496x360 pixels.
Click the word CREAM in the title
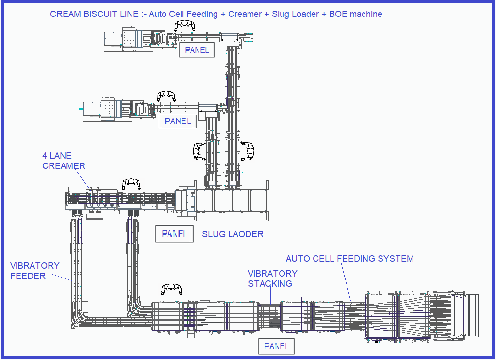(x=65, y=14)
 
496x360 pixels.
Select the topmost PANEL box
(x=197, y=49)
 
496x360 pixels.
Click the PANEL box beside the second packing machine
(x=178, y=121)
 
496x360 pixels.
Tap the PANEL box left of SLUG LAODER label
(x=174, y=234)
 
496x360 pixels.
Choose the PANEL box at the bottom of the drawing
(x=277, y=346)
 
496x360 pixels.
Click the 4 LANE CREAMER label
(x=64, y=161)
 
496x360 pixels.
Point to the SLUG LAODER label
(x=232, y=234)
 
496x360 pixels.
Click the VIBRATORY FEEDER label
(x=35, y=271)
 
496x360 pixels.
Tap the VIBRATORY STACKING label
(x=272, y=278)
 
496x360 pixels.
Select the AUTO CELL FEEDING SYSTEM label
(x=349, y=259)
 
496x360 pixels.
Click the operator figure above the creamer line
(x=132, y=183)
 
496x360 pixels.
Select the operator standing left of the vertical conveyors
(x=199, y=151)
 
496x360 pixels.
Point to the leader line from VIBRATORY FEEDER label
(x=60, y=277)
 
